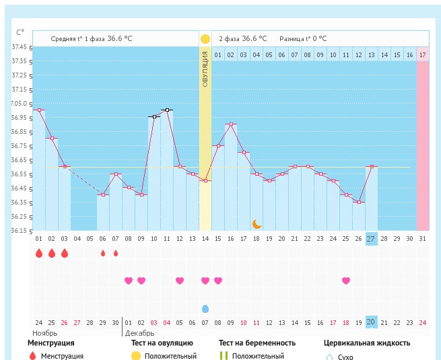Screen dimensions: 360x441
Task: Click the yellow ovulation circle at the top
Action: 205,39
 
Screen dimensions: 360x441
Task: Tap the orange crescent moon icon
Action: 257,223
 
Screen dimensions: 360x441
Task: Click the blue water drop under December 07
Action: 205,308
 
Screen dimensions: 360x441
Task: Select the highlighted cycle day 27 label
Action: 371,239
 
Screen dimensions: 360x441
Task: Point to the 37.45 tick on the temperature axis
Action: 20,47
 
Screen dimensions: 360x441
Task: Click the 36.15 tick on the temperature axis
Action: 20,231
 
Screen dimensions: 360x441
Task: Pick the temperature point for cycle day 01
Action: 39,110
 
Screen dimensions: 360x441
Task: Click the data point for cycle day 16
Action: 230,124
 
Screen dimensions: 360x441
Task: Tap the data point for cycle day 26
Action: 358,202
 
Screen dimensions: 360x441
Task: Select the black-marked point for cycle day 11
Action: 167,110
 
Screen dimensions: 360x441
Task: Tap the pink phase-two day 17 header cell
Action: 422,55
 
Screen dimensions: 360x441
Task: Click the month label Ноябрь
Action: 45,333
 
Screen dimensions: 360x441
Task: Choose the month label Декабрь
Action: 139,333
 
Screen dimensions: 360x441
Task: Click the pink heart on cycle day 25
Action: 346,281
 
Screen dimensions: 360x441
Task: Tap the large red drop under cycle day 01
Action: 39,254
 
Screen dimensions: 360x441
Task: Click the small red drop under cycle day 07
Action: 116,254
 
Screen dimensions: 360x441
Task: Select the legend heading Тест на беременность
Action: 257,343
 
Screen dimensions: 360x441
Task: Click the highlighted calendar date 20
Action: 371,322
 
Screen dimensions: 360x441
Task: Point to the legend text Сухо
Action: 345,357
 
